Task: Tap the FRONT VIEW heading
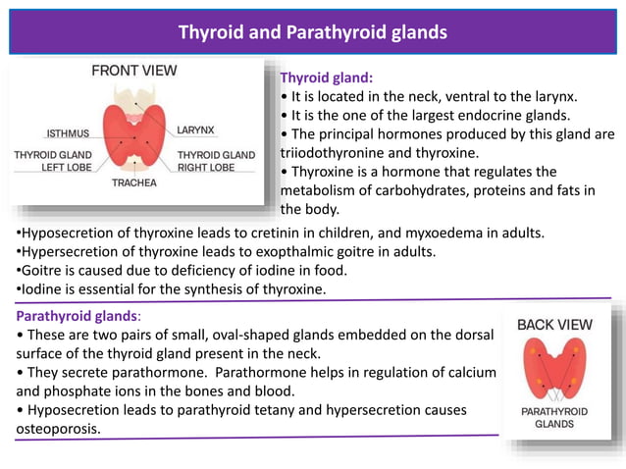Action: pyautogui.click(x=134, y=71)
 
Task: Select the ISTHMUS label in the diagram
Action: pyautogui.click(x=69, y=133)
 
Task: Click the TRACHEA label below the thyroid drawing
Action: pyautogui.click(x=133, y=182)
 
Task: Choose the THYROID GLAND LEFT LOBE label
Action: pyautogui.click(x=53, y=161)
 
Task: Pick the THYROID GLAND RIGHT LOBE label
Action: pyautogui.click(x=216, y=161)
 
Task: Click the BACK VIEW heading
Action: pyautogui.click(x=554, y=324)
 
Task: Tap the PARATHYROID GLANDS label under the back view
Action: pyautogui.click(x=554, y=418)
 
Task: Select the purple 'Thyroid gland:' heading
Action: pyautogui.click(x=327, y=78)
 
